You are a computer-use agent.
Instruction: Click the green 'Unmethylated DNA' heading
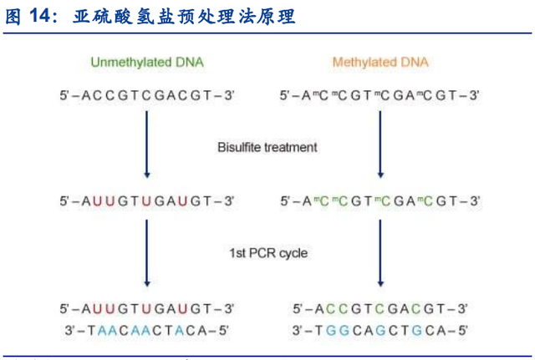coord(146,63)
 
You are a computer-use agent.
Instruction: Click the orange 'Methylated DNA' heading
coord(381,63)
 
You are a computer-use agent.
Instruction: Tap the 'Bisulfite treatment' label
coord(267,147)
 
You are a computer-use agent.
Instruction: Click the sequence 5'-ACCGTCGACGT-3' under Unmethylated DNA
coord(147,96)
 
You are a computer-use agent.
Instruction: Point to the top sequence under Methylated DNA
coord(380,96)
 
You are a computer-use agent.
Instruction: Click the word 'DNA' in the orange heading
coord(415,63)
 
